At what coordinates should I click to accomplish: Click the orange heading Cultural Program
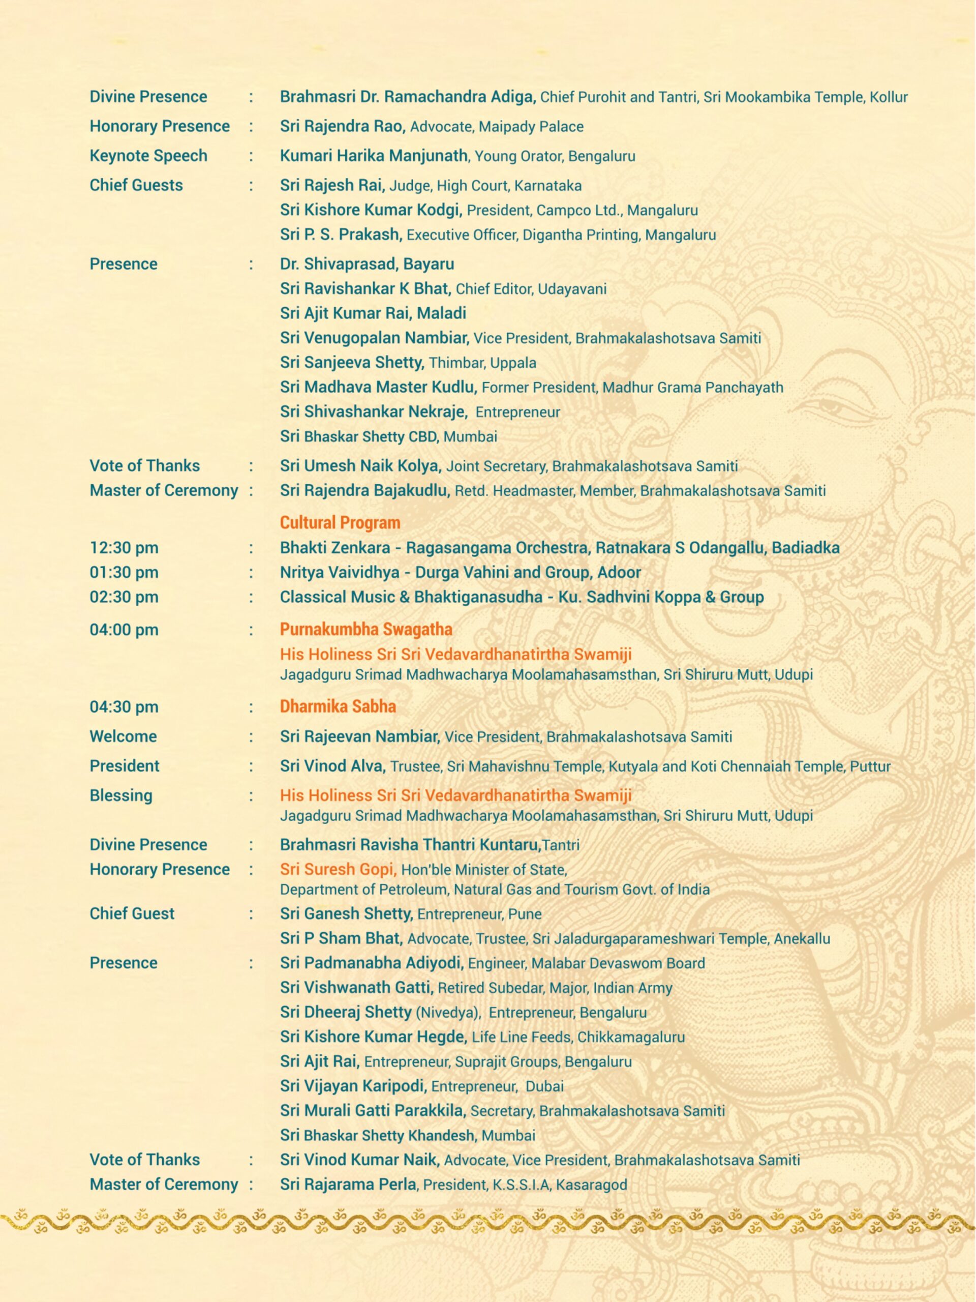click(x=340, y=522)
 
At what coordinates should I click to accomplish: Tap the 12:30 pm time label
click(x=124, y=548)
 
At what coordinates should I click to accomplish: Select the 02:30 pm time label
click(x=124, y=597)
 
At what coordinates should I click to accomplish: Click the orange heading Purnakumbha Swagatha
click(x=365, y=629)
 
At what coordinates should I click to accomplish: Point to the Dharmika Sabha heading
click(x=338, y=706)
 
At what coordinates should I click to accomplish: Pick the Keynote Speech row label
click(x=148, y=156)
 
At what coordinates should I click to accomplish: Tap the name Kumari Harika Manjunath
click(x=374, y=156)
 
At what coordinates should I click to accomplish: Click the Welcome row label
click(x=123, y=736)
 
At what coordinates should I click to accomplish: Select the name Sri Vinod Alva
click(x=332, y=766)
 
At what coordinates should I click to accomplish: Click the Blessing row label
click(x=120, y=796)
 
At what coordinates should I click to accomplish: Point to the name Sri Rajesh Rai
click(x=332, y=186)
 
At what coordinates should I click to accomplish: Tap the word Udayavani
click(x=572, y=289)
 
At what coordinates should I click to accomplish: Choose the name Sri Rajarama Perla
click(x=348, y=1185)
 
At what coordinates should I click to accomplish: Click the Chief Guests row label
click(x=136, y=186)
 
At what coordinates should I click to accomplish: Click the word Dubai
click(x=544, y=1086)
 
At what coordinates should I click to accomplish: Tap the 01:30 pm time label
click(x=124, y=573)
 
